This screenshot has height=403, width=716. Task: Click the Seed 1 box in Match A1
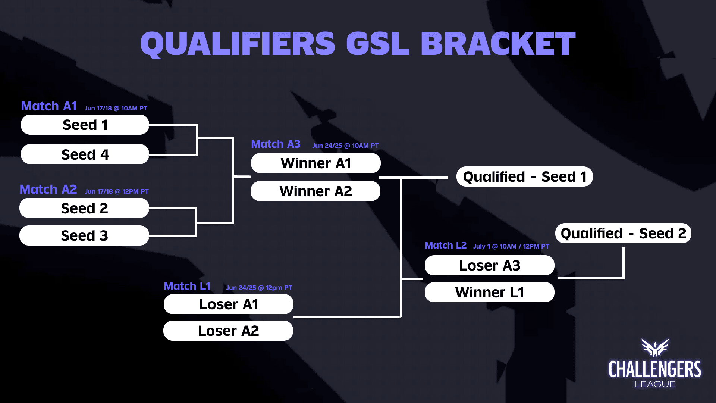(x=85, y=125)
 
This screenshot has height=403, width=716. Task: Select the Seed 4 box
(x=85, y=154)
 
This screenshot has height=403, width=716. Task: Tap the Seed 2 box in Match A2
(x=84, y=208)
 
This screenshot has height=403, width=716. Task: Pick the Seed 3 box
(x=84, y=235)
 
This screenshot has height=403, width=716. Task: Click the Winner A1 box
(x=315, y=163)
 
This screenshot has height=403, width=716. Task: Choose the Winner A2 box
(x=315, y=191)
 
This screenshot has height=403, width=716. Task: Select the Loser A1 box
(x=228, y=304)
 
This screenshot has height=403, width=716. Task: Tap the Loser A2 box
(x=228, y=331)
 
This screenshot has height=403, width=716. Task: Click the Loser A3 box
(x=489, y=265)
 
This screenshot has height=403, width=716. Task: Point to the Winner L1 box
(x=489, y=292)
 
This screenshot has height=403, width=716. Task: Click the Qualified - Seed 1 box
(x=524, y=176)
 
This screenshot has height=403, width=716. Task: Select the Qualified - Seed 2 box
(x=623, y=233)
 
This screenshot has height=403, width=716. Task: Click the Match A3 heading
(x=276, y=144)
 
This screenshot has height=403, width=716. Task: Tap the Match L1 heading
(x=187, y=286)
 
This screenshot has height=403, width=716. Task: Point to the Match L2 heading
(x=446, y=245)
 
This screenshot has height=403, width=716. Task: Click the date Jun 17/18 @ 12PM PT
(x=116, y=191)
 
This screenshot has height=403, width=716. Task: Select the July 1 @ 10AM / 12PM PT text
(x=511, y=246)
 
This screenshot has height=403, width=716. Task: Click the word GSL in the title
(x=377, y=44)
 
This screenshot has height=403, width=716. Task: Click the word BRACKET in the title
(x=498, y=44)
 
